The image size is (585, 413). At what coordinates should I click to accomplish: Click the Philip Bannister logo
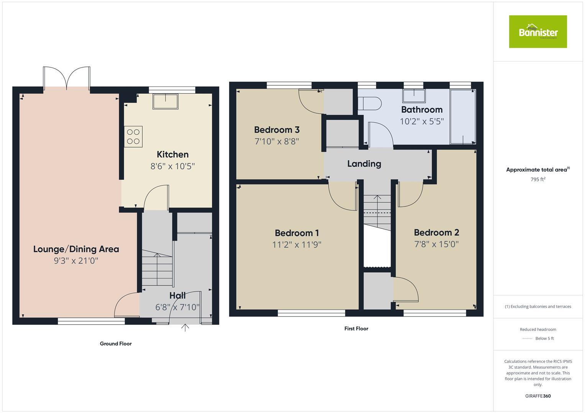[537, 32]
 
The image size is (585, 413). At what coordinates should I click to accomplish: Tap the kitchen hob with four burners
[133, 137]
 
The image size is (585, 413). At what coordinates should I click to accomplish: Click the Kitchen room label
[172, 154]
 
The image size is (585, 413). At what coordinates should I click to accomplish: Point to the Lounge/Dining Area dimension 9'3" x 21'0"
[76, 261]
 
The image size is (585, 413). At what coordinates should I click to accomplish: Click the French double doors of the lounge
[67, 78]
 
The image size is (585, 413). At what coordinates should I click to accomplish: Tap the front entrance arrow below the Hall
[185, 328]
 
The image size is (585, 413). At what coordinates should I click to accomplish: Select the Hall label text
[177, 296]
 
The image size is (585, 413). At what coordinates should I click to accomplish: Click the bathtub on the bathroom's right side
[463, 117]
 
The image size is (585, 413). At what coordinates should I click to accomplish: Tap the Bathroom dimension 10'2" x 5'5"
[421, 122]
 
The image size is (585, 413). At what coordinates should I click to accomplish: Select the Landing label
[364, 164]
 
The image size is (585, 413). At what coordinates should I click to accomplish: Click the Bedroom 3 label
[277, 130]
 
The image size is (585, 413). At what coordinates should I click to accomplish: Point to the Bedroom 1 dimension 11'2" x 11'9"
[297, 245]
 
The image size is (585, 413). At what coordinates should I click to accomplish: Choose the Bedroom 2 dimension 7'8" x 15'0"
[436, 244]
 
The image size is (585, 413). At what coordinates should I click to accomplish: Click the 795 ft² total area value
[537, 179]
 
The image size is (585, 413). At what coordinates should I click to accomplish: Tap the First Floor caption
[356, 328]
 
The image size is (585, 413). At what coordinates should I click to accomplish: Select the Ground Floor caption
[116, 344]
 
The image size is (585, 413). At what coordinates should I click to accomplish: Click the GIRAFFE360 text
[537, 396]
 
